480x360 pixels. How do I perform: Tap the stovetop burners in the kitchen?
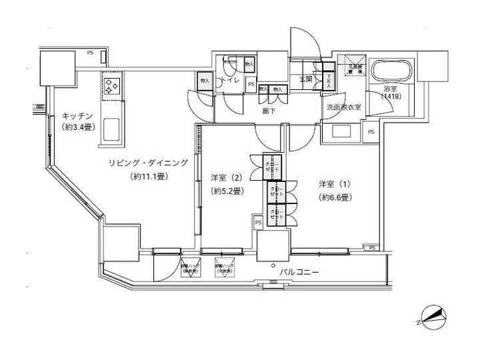pos(110,85)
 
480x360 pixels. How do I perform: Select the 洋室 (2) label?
pos(226,177)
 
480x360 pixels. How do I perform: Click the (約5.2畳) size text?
pos(227,191)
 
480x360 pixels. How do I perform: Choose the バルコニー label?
pos(302,272)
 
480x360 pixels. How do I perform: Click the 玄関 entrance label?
pos(305,79)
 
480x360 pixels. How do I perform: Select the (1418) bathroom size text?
pos(391,97)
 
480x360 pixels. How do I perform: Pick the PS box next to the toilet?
pos(251,85)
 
